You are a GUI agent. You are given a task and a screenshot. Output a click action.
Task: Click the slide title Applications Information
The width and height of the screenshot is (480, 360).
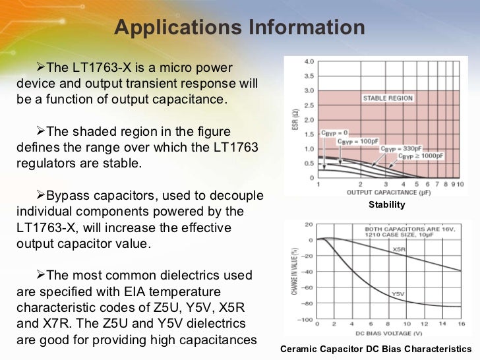[239, 28]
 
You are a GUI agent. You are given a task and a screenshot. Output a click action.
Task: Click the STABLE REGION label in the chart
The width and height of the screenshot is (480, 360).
[388, 98]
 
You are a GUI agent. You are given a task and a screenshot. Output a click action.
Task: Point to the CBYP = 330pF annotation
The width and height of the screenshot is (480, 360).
[401, 149]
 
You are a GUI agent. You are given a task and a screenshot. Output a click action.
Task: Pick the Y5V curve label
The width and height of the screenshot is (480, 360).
[398, 293]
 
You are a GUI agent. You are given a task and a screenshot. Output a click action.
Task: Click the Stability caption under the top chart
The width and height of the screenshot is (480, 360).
[386, 205]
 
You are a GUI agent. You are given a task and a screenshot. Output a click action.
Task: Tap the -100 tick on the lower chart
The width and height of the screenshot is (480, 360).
[304, 319]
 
